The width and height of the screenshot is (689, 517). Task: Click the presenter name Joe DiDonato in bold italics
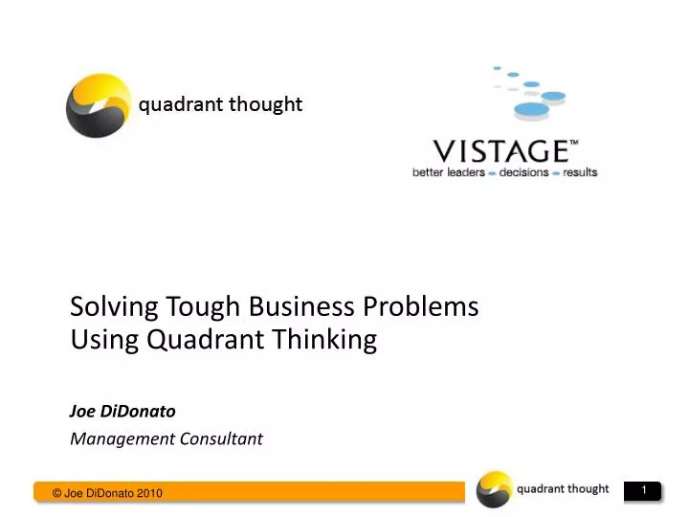point(122,411)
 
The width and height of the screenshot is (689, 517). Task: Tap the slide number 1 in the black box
point(645,491)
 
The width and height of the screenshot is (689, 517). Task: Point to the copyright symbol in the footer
point(57,493)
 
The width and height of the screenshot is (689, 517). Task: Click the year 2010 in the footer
point(150,493)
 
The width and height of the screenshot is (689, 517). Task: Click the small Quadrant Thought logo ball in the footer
point(495,489)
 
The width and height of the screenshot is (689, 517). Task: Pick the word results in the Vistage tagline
point(580,173)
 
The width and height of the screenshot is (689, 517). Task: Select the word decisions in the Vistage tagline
point(523,173)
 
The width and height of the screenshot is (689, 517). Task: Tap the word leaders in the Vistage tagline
point(462,173)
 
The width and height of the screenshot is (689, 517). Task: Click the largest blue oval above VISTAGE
point(532,109)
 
